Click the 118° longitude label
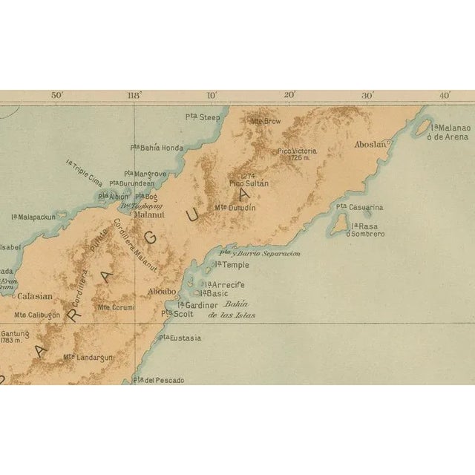pos(134,95)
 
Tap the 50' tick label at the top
pos(56,95)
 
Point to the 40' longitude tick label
pos(445,95)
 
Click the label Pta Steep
pos(203,117)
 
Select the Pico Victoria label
pos(298,154)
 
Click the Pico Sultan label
pos(249,183)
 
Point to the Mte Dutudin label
pos(235,208)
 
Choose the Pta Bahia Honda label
pos(157,147)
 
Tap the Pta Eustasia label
pos(180,338)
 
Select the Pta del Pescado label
pos(158,380)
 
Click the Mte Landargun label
pos(88,357)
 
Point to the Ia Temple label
pos(232,264)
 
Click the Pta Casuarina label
pos(360,207)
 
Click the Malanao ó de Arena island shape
pos(422,128)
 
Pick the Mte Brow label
pos(266,120)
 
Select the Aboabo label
pos(163,291)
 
